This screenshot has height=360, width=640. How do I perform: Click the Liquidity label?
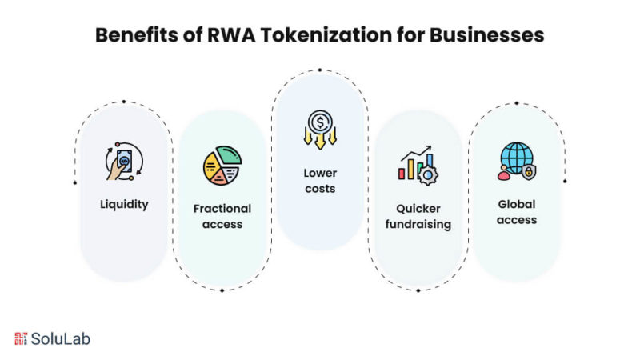(124, 204)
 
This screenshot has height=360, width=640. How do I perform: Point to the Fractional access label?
(222, 216)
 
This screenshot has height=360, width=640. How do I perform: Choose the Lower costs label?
(319, 180)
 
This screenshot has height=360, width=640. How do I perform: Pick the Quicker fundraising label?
(418, 216)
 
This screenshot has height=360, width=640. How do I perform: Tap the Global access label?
(516, 211)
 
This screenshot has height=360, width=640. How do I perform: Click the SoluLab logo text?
(61, 338)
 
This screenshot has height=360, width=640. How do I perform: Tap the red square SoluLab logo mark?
(21, 338)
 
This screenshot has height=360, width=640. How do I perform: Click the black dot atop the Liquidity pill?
(123, 102)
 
